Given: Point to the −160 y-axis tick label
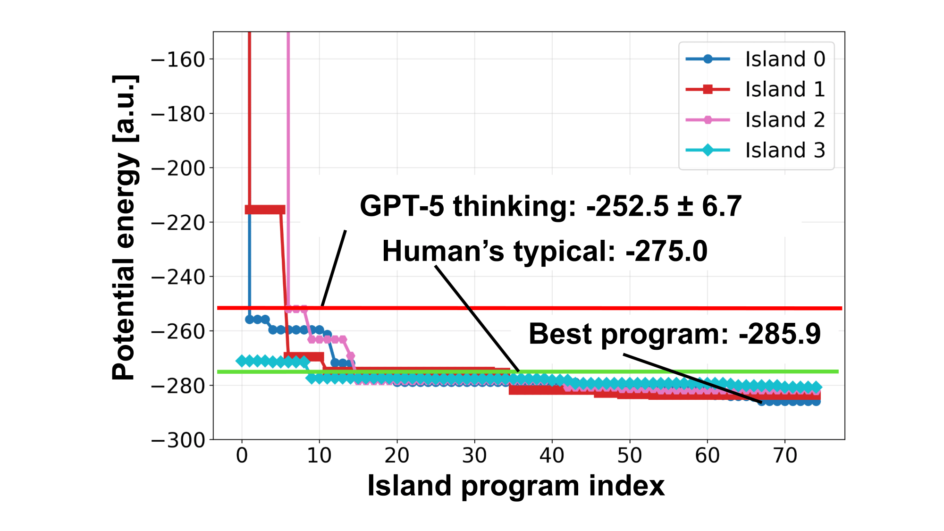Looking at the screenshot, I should (178, 59).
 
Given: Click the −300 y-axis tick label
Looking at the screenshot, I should (178, 440).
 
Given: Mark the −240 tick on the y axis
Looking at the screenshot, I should (178, 277).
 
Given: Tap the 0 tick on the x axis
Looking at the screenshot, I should (242, 455).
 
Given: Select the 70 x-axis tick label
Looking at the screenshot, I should (785, 455).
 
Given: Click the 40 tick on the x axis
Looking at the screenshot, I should (552, 455).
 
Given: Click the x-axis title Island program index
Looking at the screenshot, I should (516, 486).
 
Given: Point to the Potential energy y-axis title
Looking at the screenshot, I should (125, 228).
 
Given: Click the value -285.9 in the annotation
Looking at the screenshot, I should (780, 334).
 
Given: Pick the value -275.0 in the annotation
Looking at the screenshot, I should (666, 251).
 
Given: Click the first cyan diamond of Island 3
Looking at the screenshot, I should (242, 361).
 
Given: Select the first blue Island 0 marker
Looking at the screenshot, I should (250, 320).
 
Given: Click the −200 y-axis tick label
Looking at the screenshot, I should (178, 169).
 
